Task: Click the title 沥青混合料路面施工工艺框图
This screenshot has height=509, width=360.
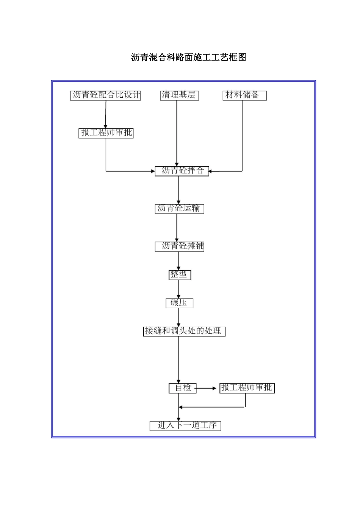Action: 189,58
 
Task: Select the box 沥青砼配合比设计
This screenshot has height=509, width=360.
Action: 106,95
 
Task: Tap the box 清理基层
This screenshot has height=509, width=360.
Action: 179,95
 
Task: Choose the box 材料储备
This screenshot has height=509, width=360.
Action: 244,95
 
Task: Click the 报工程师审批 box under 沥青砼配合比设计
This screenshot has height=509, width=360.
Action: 106,133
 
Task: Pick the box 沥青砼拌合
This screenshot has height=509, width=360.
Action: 182,171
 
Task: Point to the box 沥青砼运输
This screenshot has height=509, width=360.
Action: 179,208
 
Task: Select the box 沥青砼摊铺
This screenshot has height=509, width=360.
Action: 180,246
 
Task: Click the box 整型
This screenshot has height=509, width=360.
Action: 180,275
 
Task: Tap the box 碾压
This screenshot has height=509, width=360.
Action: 179,303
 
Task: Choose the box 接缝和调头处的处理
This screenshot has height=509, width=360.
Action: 184,331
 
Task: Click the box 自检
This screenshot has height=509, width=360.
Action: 183,388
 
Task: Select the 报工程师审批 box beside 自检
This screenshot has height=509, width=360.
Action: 247,388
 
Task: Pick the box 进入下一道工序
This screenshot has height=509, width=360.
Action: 185,425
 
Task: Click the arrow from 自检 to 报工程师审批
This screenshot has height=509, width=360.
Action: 208,388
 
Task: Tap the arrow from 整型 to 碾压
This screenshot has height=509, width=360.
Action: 179,289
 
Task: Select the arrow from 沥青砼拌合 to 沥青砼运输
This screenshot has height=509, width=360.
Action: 179,190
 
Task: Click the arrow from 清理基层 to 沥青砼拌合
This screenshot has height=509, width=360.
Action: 177,133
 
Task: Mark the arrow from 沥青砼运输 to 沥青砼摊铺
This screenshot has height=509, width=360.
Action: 177,227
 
